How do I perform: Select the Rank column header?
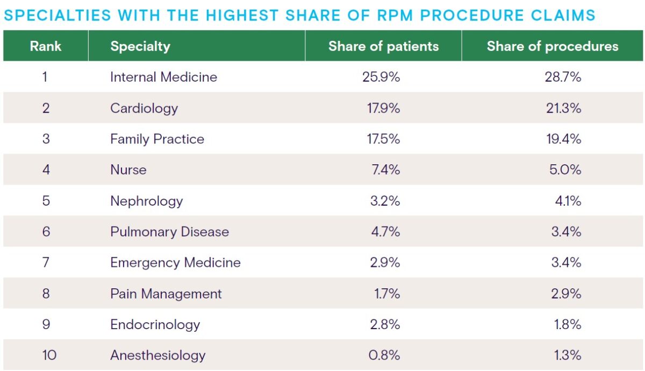pos(46,46)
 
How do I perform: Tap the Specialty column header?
pos(140,46)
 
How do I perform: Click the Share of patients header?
pos(383,46)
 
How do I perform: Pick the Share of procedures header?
pos(552,46)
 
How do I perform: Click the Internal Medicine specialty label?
pos(163,77)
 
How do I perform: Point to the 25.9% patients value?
pos(381,77)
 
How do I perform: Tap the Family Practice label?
pos(157,139)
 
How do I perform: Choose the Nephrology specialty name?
pos(146,201)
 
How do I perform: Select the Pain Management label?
pos(166,294)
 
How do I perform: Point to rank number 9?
pos(46,324)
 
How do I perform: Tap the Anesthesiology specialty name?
pos(157,355)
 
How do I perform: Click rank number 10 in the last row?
pos(46,355)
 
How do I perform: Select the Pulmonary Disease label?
pos(169,231)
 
